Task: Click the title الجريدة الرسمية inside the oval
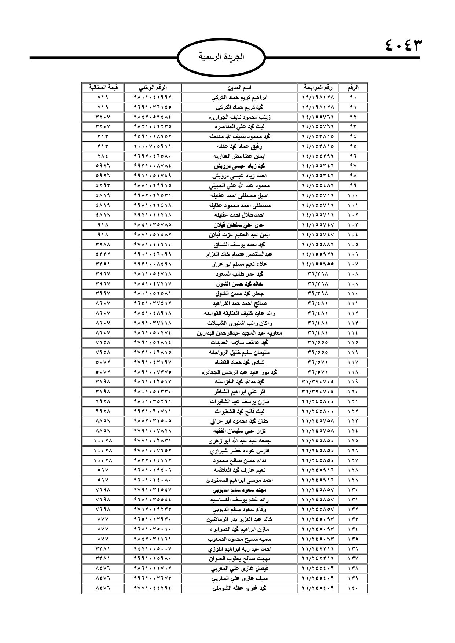click(x=221, y=57)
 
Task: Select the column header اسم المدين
click(x=239, y=88)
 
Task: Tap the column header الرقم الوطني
click(x=153, y=88)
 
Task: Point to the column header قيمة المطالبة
click(x=103, y=88)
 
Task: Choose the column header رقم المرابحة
click(x=318, y=88)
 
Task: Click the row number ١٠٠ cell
click(x=353, y=195)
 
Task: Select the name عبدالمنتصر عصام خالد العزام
click(x=239, y=254)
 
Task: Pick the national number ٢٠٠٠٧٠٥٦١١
click(x=153, y=146)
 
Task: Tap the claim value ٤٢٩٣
click(x=103, y=185)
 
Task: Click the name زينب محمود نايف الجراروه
click(x=239, y=117)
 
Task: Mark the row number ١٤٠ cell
click(x=353, y=588)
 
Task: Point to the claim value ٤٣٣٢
click(x=103, y=254)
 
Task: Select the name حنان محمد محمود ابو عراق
click(x=239, y=421)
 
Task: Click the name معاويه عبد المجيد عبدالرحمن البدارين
click(x=239, y=333)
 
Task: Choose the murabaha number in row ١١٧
click(x=318, y=362)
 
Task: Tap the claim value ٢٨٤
click(x=103, y=156)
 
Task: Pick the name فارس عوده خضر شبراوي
click(x=239, y=451)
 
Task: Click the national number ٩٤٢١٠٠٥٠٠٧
click(x=153, y=549)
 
